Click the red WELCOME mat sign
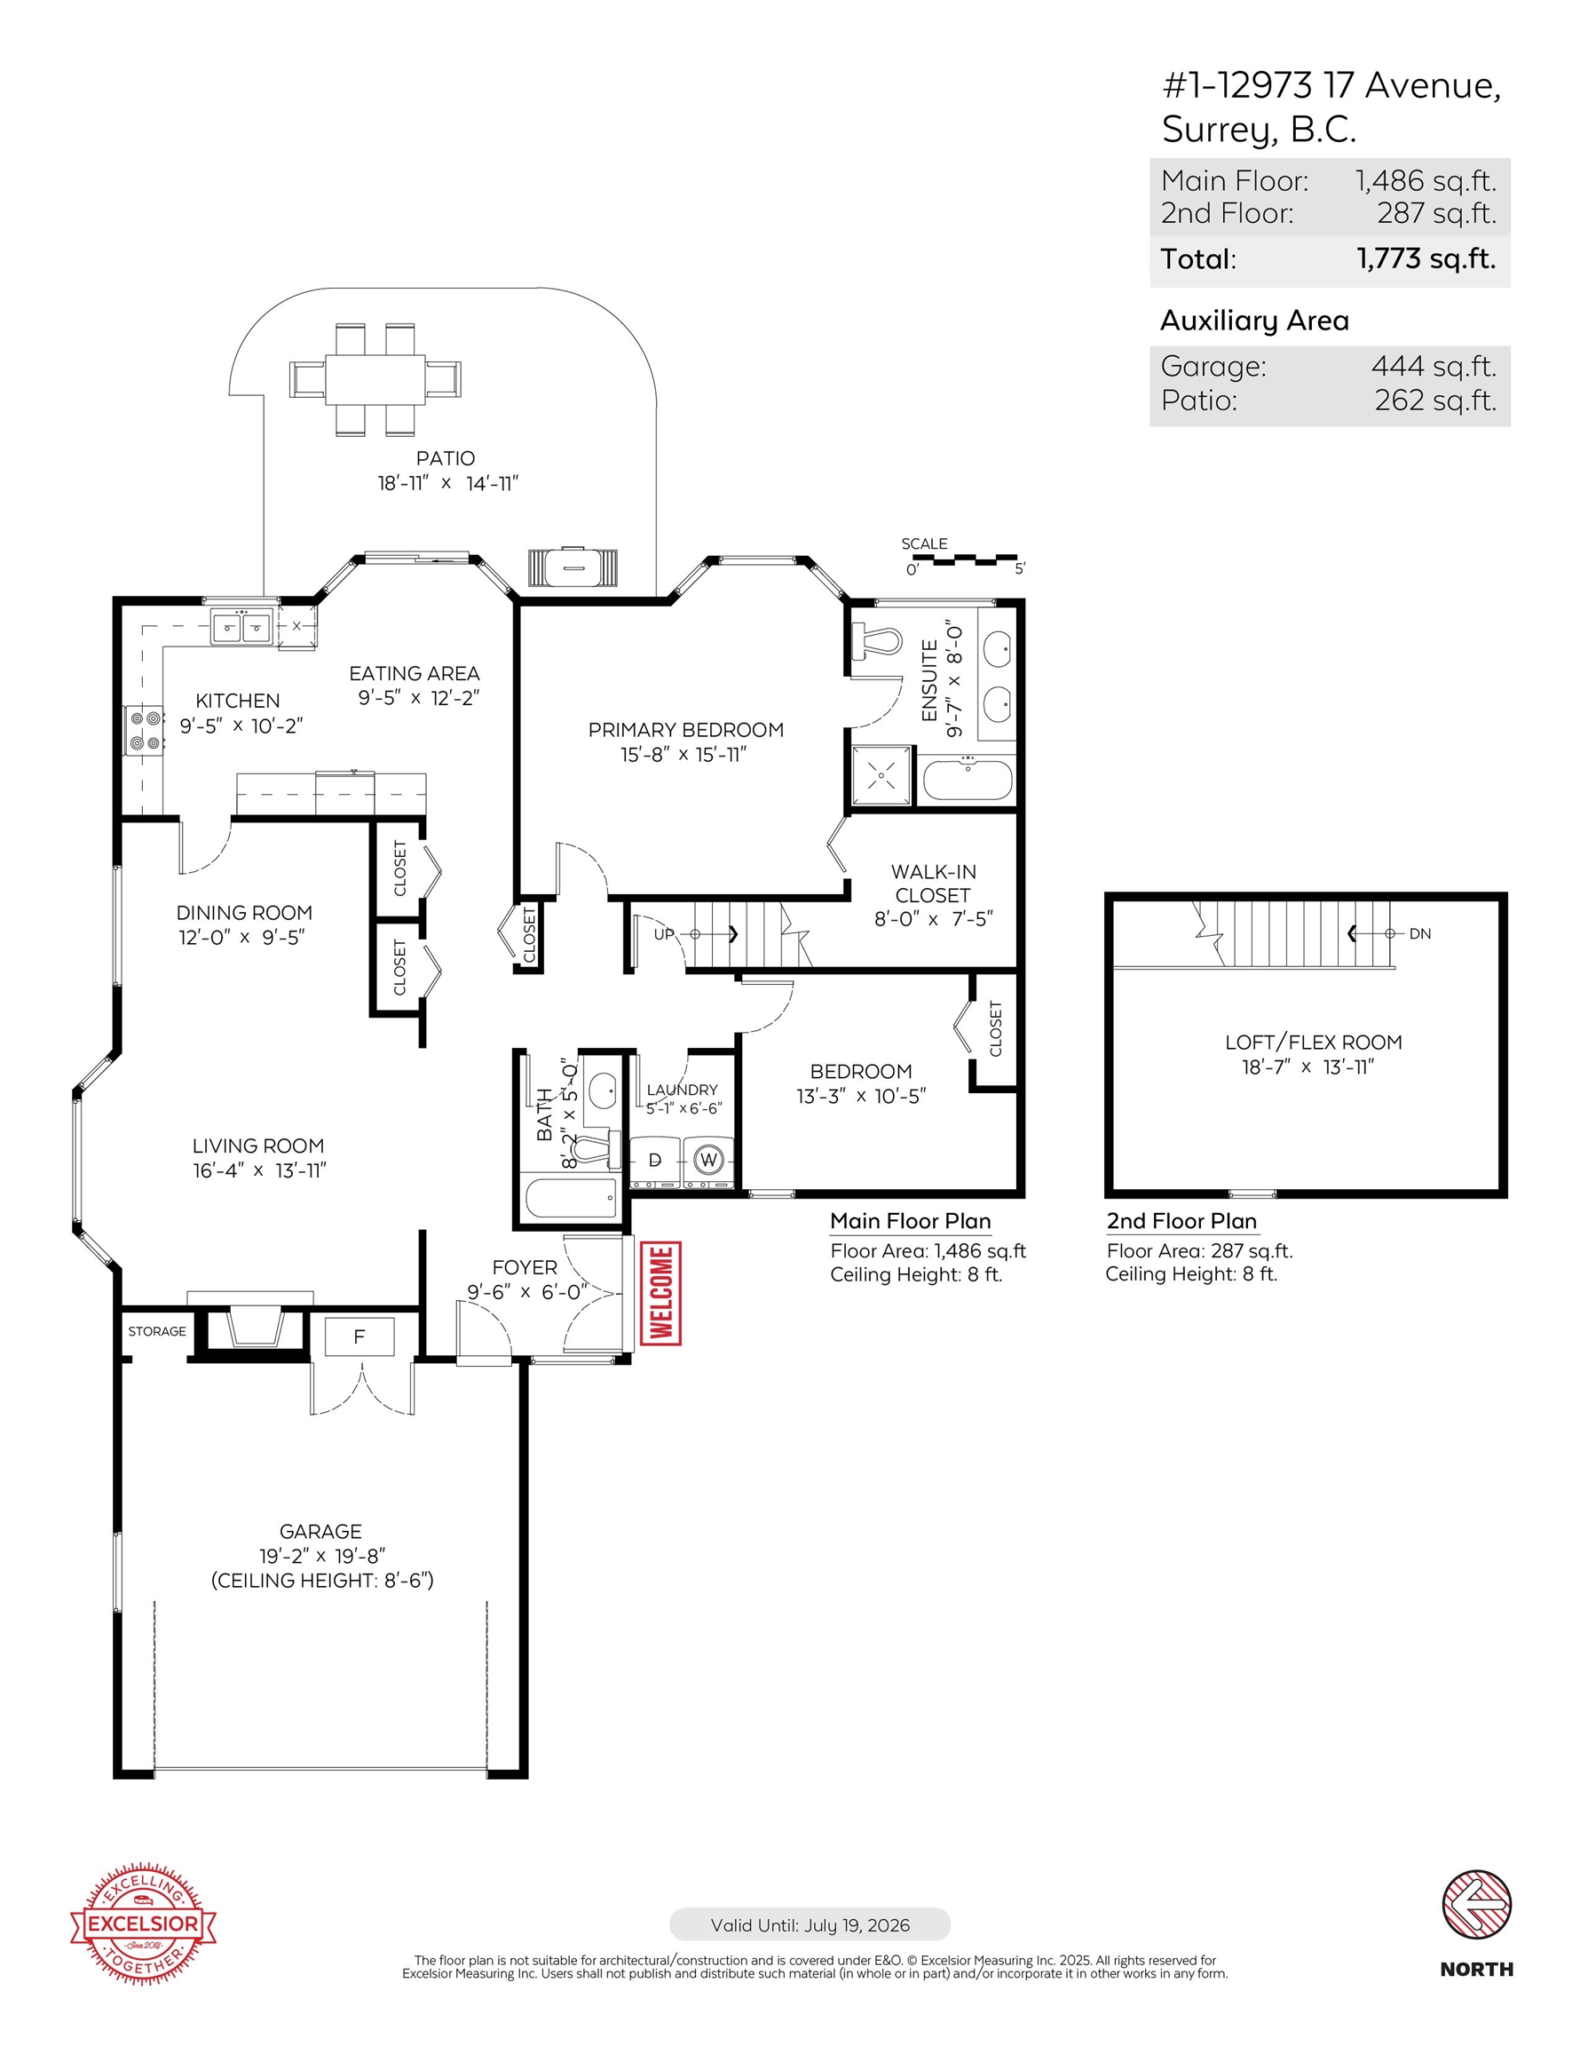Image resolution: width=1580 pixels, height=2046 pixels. pos(660,1293)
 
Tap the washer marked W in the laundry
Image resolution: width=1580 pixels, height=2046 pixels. pos(709,1161)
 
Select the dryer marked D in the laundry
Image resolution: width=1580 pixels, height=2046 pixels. pos(655,1161)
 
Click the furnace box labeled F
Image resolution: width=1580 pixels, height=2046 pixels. pos(359,1336)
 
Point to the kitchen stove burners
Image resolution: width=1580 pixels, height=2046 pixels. pos(144,732)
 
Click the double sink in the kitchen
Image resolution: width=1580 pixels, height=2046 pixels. pos(241,627)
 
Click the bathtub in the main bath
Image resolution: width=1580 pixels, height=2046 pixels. pos(571,1197)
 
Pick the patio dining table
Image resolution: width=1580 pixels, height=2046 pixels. pos(375,378)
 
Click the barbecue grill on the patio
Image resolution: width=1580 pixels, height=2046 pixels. pos(573,567)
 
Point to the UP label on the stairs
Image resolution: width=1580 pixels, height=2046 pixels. pos(664,934)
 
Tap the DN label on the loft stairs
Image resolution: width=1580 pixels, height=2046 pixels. pos(1420,933)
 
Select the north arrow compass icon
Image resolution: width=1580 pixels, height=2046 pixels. pos(1476,1905)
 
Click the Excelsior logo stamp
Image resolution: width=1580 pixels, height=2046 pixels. pos(143,1923)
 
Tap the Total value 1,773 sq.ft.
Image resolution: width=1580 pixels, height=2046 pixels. pos(1426,258)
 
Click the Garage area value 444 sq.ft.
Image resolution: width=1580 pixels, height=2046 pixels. pos(1433,366)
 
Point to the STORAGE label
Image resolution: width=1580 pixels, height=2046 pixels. pos(156,1331)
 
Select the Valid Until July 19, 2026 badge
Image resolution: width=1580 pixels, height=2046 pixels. pos(810,1925)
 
